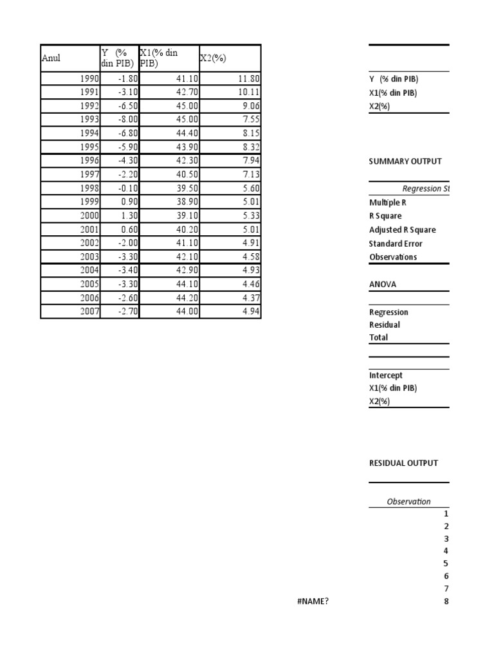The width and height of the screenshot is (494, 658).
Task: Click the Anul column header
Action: pyautogui.click(x=51, y=58)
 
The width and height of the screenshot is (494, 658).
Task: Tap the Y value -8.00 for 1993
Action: pyautogui.click(x=123, y=119)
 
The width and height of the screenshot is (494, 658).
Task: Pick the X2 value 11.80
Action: pyautogui.click(x=247, y=79)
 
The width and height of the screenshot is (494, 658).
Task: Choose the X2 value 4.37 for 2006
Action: pyautogui.click(x=248, y=298)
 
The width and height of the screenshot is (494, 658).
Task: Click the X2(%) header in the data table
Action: pyautogui.click(x=213, y=58)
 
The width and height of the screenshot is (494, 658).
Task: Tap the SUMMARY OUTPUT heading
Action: pyautogui.click(x=405, y=161)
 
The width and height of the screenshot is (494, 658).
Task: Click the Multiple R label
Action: pyautogui.click(x=388, y=202)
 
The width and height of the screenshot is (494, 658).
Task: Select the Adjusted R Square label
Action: pyautogui.click(x=402, y=230)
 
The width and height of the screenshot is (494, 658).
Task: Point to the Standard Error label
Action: pyautogui.click(x=396, y=244)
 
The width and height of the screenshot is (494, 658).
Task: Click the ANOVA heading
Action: pyautogui.click(x=383, y=285)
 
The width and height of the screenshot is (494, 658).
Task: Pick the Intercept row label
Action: pyautogui.click(x=386, y=375)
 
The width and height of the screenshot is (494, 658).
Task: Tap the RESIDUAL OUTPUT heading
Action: pyautogui.click(x=403, y=463)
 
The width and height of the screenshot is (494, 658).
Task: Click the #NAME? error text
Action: pyautogui.click(x=314, y=601)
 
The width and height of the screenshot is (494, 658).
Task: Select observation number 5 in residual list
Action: pyautogui.click(x=446, y=564)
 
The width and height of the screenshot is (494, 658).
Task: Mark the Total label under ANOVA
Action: pyautogui.click(x=379, y=337)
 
